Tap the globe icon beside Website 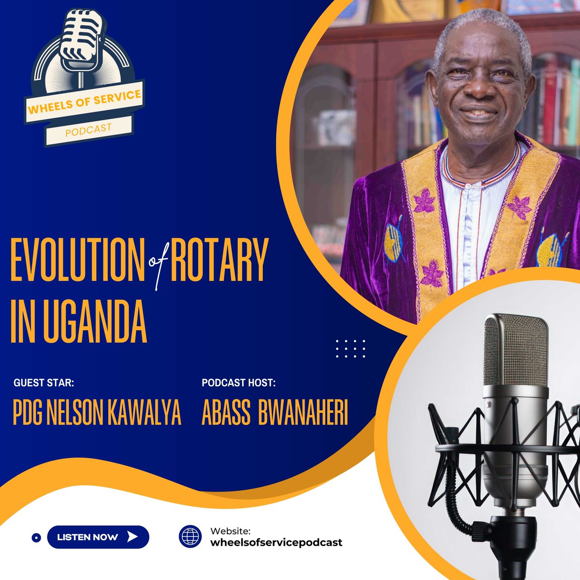click(x=190, y=537)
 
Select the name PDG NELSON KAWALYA click(x=97, y=414)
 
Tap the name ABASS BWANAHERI click(x=275, y=414)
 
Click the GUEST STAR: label click(x=44, y=383)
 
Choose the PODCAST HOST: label click(x=239, y=383)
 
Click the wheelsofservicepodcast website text click(x=276, y=542)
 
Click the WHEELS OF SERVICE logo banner click(x=85, y=102)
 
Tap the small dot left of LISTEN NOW click(x=35, y=537)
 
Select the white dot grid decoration click(x=351, y=348)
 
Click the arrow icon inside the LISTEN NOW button click(x=131, y=537)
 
